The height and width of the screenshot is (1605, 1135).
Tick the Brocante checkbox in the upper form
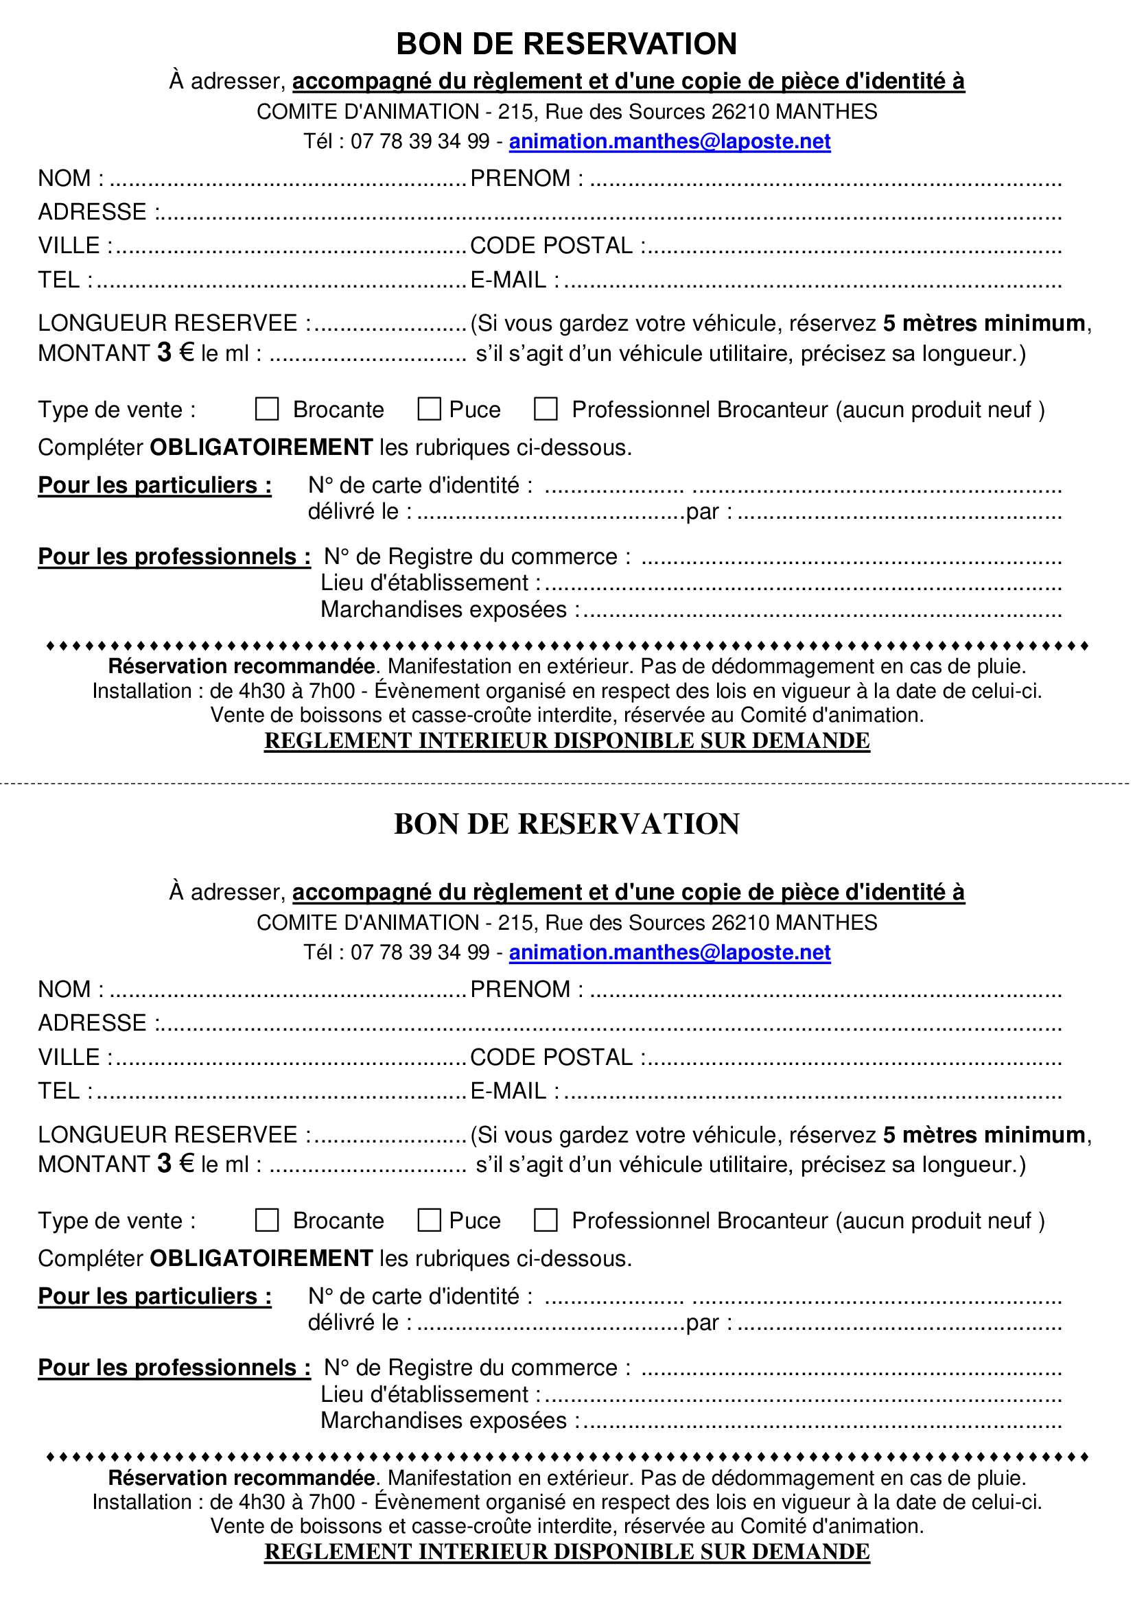[266, 409]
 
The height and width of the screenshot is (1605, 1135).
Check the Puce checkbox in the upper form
[429, 409]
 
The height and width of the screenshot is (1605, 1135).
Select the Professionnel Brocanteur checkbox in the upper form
[545, 409]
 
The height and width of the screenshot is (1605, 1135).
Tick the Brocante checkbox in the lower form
[266, 1220]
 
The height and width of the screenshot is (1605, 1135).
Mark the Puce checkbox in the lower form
[429, 1220]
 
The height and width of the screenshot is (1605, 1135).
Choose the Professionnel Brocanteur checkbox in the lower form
[545, 1220]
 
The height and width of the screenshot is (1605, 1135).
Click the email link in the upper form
[670, 141]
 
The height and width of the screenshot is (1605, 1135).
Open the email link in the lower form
[670, 952]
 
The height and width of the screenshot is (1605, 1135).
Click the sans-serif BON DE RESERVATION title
[567, 43]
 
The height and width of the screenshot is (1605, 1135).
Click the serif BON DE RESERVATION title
[567, 823]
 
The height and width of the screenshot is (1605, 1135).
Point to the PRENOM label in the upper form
[521, 178]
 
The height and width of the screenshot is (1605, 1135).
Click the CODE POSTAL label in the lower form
[552, 1057]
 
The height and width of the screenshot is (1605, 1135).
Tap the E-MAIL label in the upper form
[508, 279]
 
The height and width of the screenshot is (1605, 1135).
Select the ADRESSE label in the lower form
[92, 1022]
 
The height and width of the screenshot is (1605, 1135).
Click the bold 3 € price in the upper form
[176, 352]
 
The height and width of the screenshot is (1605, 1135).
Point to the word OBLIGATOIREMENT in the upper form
[261, 447]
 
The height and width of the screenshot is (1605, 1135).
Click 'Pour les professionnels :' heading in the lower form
[174, 1368]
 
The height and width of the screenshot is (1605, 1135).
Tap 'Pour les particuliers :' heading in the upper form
[154, 484]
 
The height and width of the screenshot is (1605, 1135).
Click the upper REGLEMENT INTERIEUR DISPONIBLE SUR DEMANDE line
[567, 740]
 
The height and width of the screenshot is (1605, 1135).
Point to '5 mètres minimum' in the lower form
[984, 1134]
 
